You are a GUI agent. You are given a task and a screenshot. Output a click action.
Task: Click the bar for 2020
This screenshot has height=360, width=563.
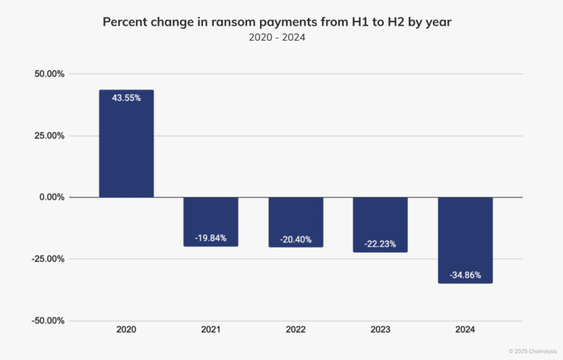[x=127, y=143]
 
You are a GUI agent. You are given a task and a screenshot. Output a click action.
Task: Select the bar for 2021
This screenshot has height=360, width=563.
[x=211, y=222]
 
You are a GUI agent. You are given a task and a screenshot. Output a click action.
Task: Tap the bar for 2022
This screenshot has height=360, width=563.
[x=296, y=223]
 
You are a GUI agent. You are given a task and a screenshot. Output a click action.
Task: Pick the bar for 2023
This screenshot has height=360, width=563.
[x=380, y=225]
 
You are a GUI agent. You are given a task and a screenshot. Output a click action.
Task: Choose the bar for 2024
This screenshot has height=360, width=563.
[x=465, y=240]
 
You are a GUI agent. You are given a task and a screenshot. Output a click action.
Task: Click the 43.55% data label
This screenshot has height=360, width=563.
[x=127, y=98]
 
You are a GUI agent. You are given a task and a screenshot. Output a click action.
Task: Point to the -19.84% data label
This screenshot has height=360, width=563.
[x=211, y=238]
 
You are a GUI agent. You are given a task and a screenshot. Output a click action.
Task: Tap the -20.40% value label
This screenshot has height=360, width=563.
[x=296, y=240]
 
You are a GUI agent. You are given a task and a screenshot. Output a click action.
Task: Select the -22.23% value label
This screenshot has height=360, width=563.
[x=380, y=244]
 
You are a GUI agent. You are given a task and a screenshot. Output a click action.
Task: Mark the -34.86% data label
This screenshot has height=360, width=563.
[x=465, y=275]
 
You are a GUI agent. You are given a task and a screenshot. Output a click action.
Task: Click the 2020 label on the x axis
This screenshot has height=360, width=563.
[x=127, y=330]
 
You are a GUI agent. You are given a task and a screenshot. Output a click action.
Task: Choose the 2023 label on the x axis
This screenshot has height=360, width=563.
[x=380, y=330]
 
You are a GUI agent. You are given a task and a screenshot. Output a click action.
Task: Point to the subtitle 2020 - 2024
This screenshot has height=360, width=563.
[x=277, y=37]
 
